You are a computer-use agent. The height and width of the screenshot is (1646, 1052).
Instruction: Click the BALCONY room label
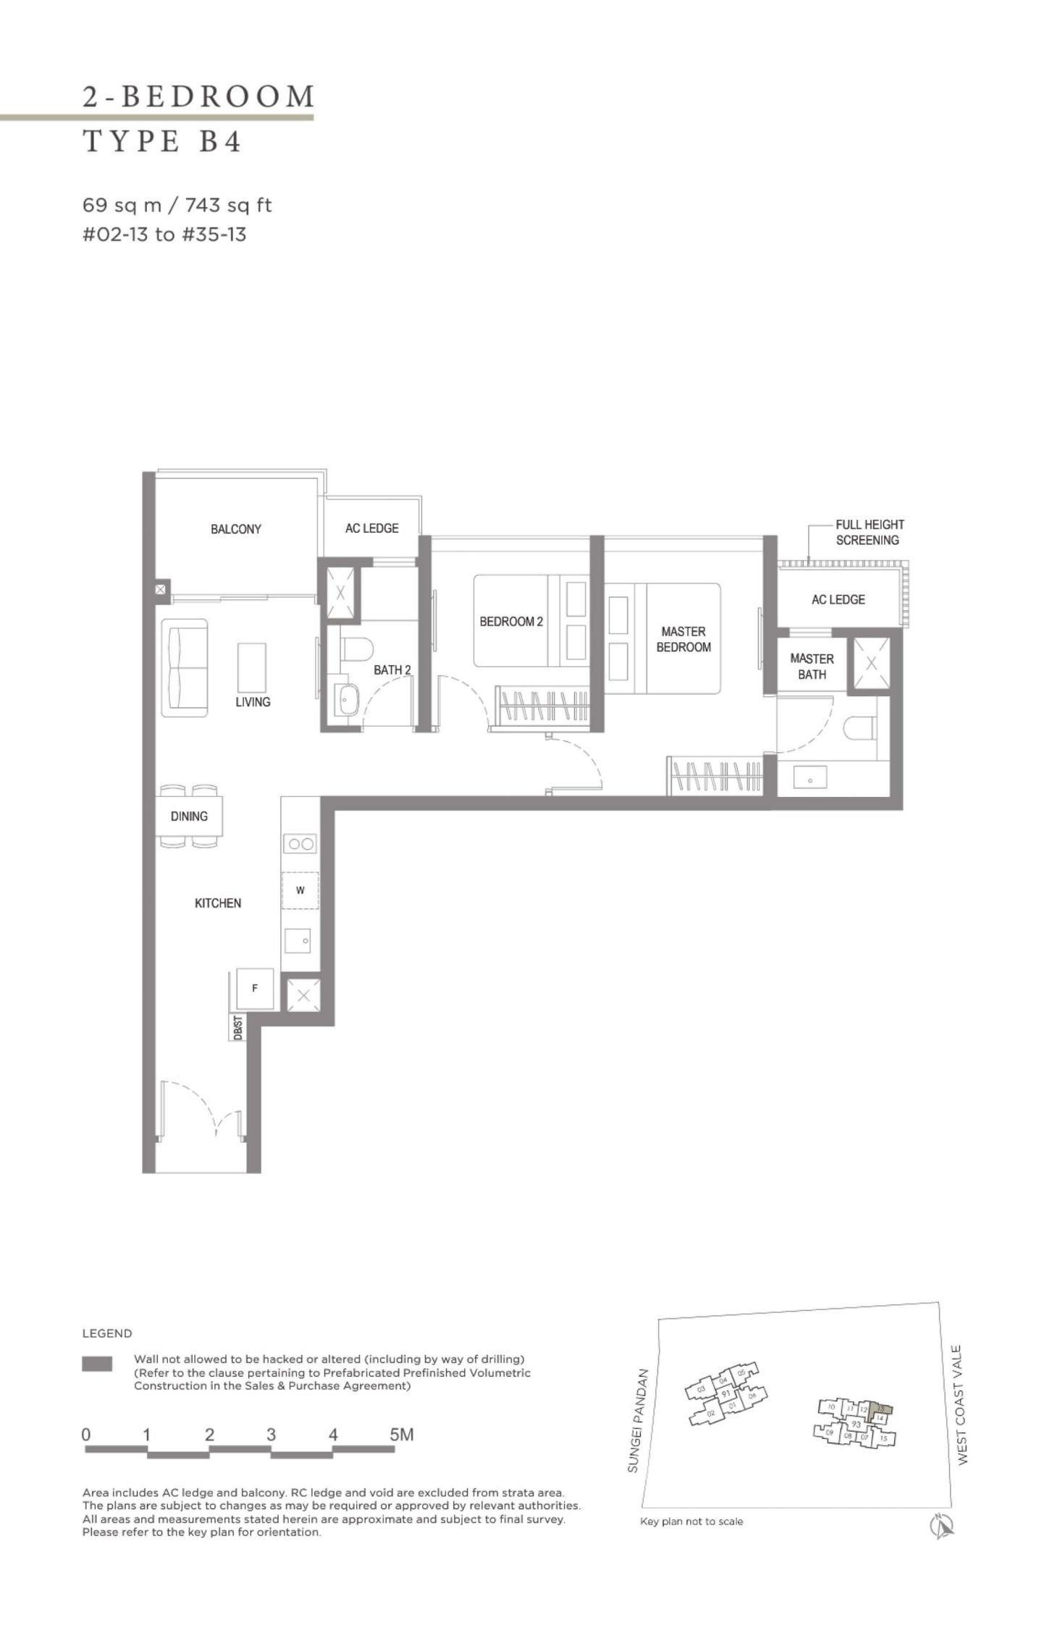click(x=235, y=529)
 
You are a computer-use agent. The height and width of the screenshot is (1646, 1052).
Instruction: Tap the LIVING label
click(x=253, y=701)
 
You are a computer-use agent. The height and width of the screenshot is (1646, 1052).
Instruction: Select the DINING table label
click(x=189, y=816)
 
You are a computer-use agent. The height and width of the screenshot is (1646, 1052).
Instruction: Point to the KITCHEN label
click(x=218, y=903)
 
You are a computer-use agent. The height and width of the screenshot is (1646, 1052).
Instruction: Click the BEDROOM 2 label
click(x=511, y=621)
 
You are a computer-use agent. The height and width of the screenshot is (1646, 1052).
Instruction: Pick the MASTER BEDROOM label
click(x=683, y=639)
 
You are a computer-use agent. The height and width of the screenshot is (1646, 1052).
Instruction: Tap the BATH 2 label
click(x=392, y=670)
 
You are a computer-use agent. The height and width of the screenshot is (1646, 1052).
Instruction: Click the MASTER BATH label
click(x=812, y=666)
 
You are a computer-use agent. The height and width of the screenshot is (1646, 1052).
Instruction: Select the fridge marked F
click(x=255, y=988)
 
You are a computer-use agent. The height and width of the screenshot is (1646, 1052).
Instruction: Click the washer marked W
click(x=300, y=890)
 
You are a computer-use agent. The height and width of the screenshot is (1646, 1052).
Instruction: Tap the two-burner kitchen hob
click(x=300, y=843)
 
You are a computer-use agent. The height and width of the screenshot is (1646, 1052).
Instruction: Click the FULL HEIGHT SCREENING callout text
click(x=869, y=532)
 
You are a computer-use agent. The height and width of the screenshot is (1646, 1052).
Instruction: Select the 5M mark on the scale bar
click(x=401, y=1434)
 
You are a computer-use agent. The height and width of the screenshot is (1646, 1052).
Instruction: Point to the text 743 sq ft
click(x=228, y=206)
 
